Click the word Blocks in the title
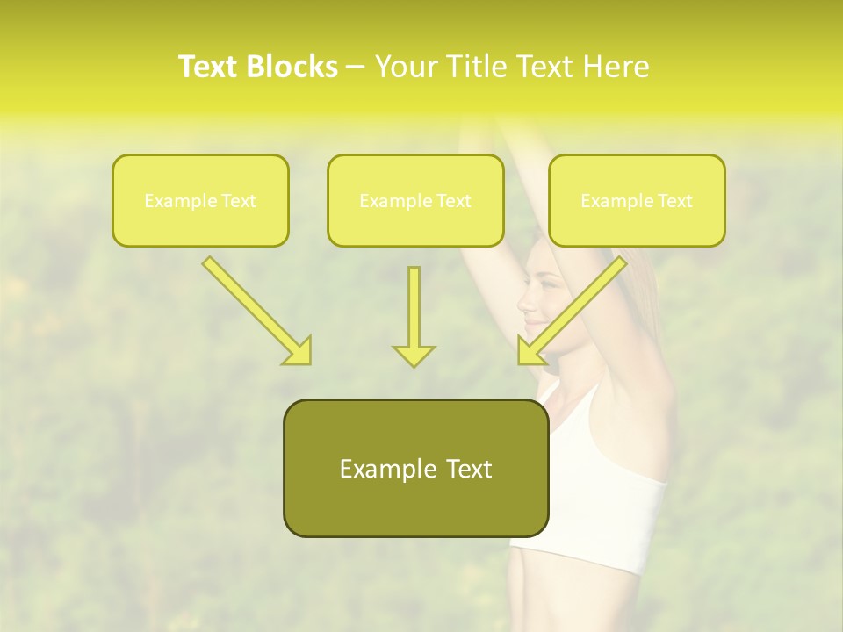point(292,67)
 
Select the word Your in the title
point(405,67)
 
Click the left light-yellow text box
point(200,200)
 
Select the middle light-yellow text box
point(415,200)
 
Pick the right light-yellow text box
point(637,200)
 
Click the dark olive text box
point(415,468)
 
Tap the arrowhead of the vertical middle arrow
point(414,355)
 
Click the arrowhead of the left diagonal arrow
point(299,351)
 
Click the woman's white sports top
point(606,474)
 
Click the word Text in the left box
point(238,201)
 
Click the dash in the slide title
point(356,67)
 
